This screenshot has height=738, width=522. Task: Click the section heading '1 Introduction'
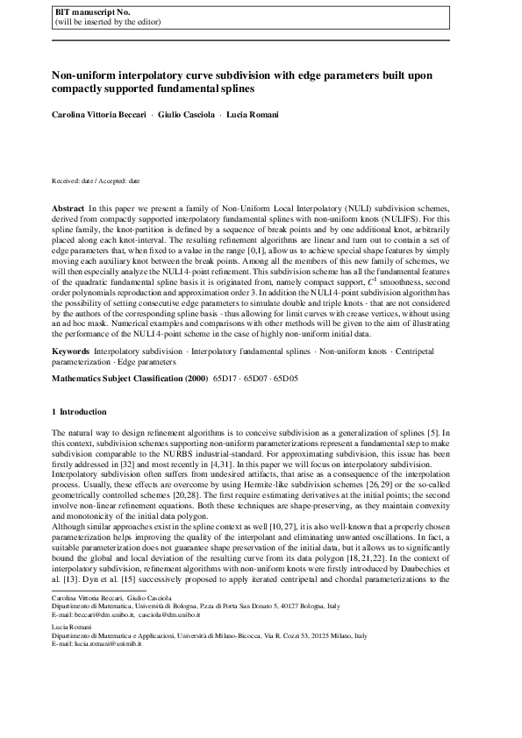coord(80,411)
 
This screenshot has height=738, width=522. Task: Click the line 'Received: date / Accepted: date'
coord(96,181)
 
